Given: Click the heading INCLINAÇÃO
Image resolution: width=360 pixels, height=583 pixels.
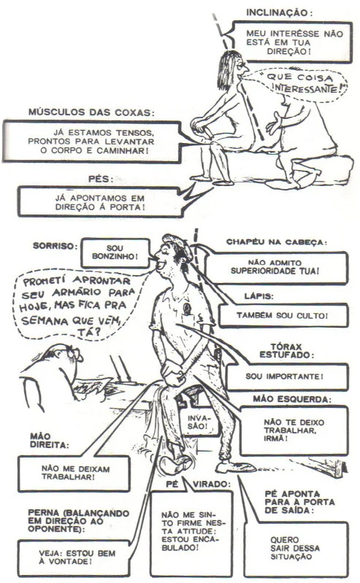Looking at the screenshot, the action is (279, 12).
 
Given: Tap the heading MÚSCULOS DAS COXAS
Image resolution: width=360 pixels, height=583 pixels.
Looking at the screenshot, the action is (91, 112).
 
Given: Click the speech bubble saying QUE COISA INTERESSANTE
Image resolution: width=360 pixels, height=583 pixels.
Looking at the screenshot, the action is (296, 83).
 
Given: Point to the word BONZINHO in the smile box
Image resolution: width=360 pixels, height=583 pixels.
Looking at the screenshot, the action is (115, 256).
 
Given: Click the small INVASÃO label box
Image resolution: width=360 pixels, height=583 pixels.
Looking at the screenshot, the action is (197, 421).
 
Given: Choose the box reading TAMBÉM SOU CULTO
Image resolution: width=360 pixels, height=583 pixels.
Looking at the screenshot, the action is (283, 315).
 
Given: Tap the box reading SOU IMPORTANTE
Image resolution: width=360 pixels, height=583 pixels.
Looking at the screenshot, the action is (287, 377).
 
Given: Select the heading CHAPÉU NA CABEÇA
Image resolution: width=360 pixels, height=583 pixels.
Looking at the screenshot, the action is (277, 242).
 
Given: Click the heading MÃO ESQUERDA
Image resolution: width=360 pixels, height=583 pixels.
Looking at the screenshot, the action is (292, 399).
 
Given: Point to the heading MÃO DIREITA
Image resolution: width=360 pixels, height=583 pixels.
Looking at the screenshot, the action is (49, 440).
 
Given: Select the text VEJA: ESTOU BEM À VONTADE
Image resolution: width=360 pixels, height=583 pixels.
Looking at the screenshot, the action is (77, 557).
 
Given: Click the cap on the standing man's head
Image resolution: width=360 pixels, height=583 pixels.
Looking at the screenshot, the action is (179, 244).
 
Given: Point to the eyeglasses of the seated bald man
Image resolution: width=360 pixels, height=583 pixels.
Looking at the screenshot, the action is (74, 352).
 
